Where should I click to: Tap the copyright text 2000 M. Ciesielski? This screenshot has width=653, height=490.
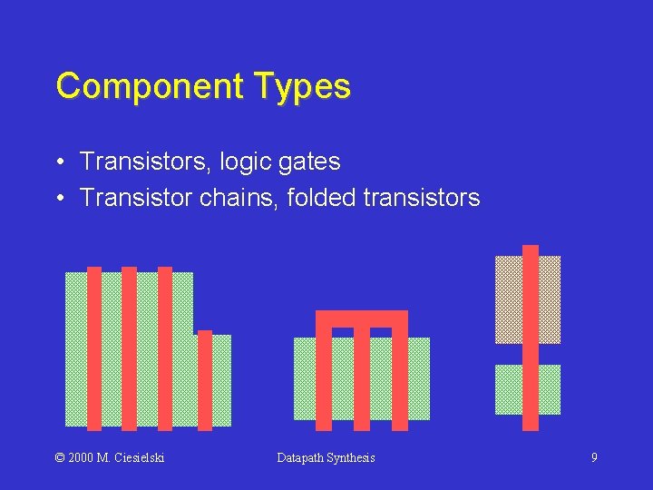(x=111, y=457)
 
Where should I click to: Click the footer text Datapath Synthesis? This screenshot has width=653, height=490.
(x=326, y=457)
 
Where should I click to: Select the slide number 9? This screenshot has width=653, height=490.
(x=594, y=457)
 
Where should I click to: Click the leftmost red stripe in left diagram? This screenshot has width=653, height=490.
(x=94, y=348)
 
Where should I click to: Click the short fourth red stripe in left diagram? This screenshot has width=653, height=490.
(x=205, y=380)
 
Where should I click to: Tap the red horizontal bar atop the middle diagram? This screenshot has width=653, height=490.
(x=362, y=318)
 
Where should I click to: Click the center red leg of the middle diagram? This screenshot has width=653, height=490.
(x=362, y=377)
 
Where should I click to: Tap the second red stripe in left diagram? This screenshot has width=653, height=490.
(x=129, y=348)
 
